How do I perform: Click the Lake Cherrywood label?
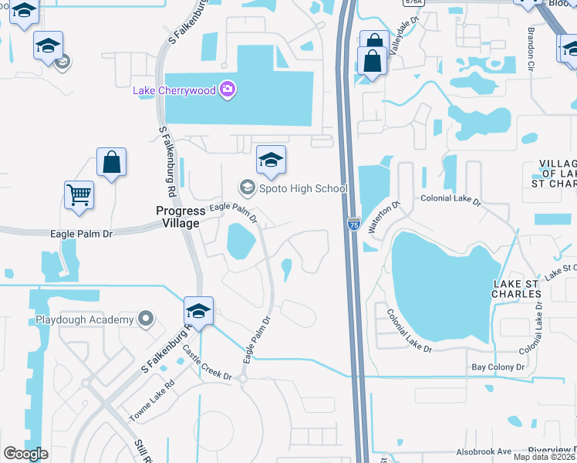(x=175, y=90)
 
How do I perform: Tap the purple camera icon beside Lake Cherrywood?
(x=227, y=90)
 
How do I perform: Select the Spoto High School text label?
(x=303, y=188)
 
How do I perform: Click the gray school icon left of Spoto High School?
(x=247, y=188)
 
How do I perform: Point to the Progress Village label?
(x=178, y=216)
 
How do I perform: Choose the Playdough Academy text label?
(x=85, y=319)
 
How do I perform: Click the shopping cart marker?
(x=79, y=194)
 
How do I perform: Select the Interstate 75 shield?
(x=353, y=225)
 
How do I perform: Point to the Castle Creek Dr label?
(x=207, y=363)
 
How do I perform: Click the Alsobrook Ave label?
(x=484, y=451)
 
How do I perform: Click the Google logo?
(x=25, y=453)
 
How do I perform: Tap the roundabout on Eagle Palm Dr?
(x=243, y=378)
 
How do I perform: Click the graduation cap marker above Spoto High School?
(x=271, y=160)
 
